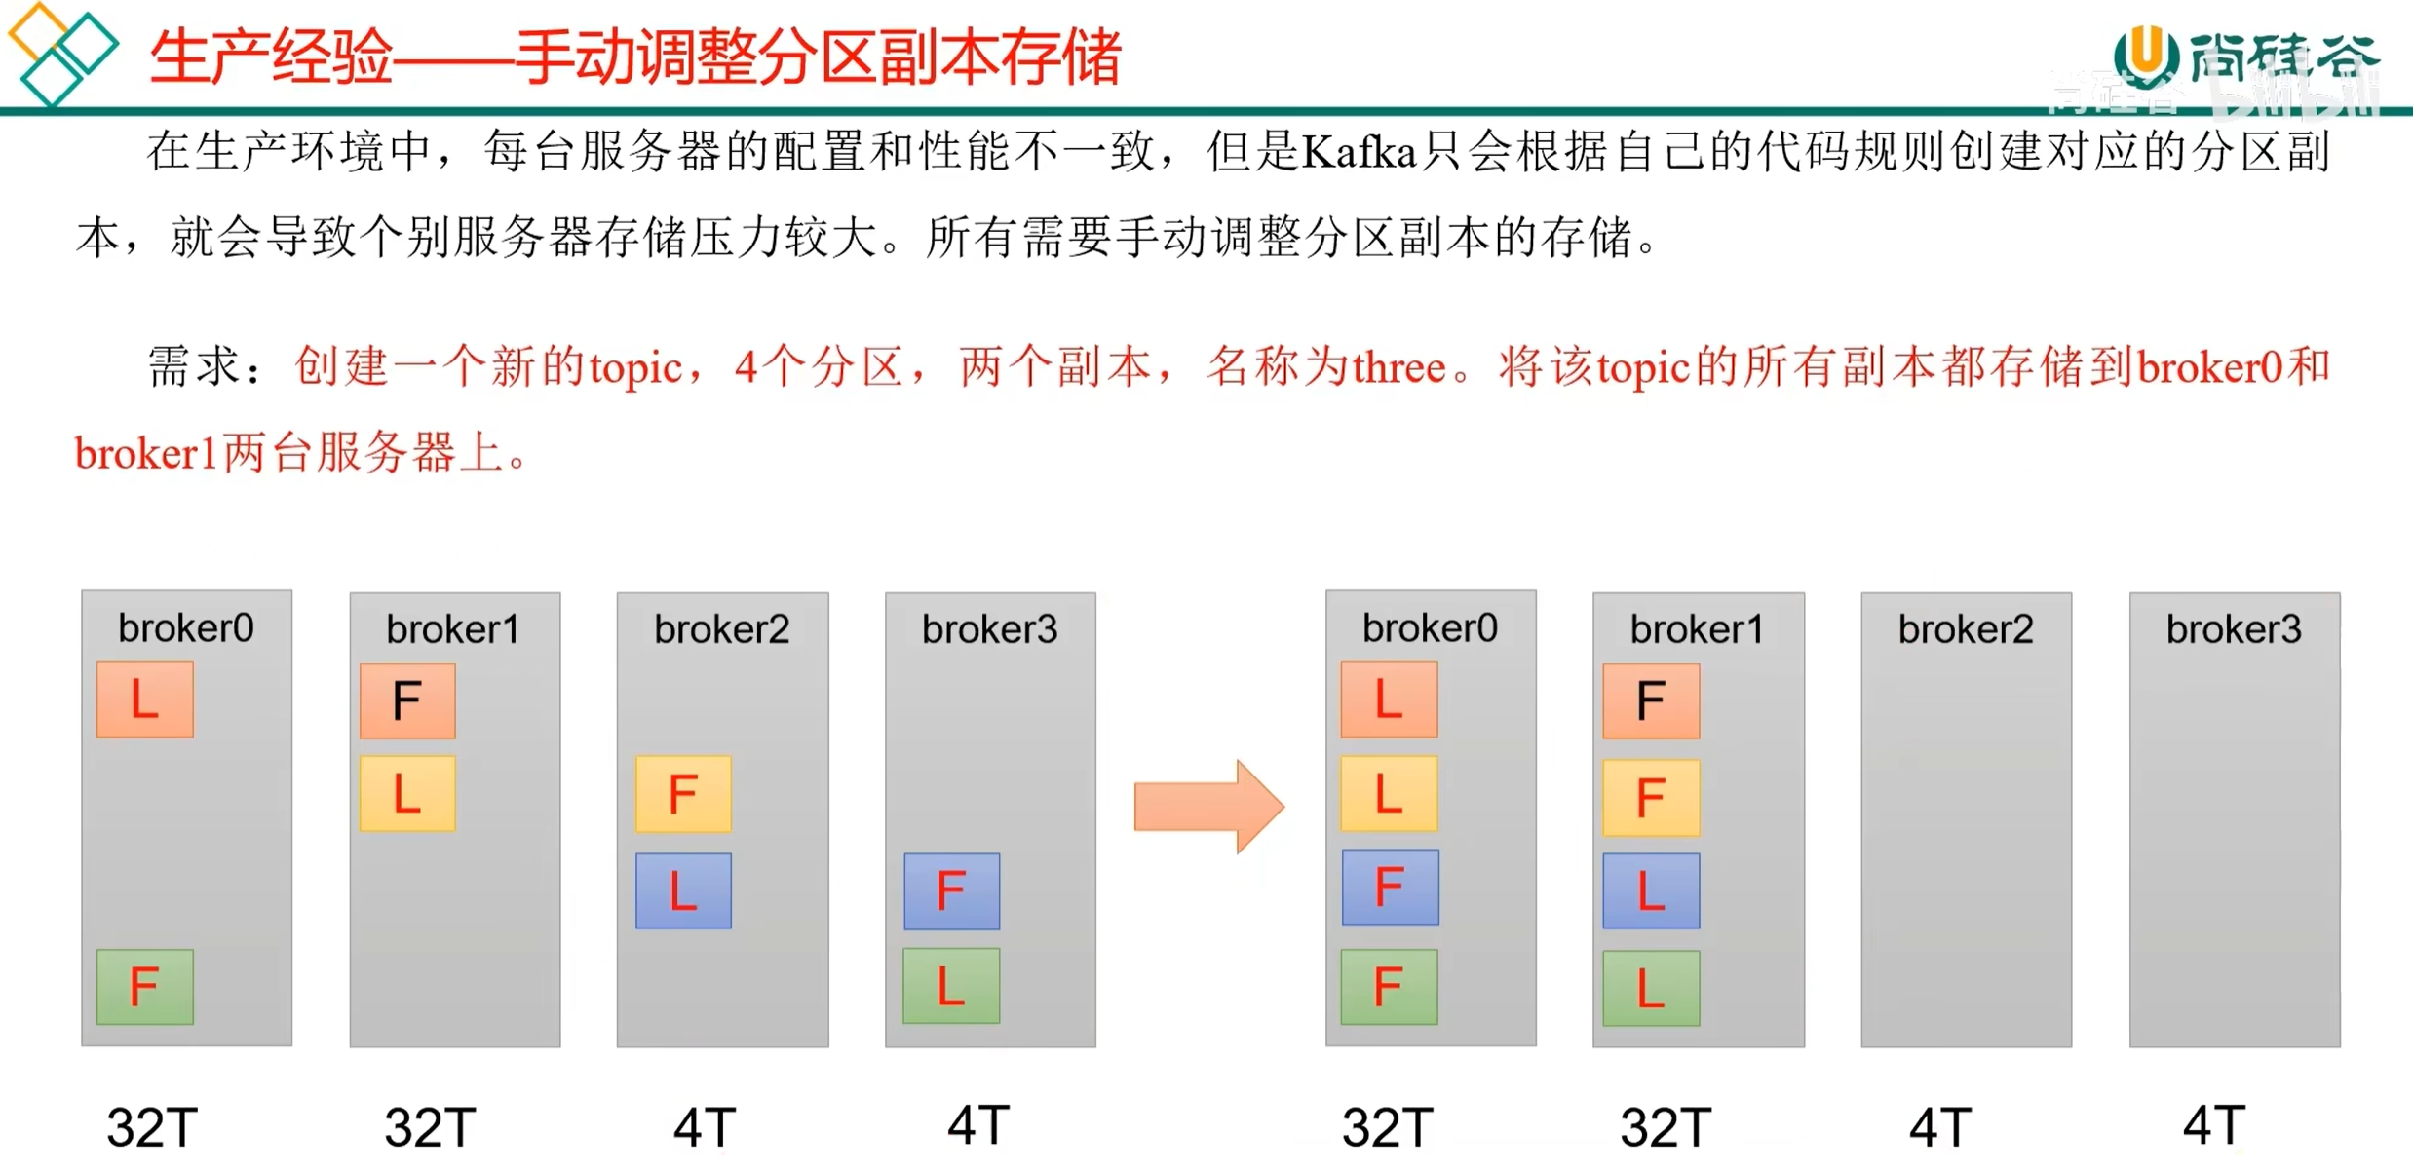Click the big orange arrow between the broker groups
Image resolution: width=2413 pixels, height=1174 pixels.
pyautogui.click(x=1208, y=807)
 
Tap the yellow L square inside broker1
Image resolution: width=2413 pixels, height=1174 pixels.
pyautogui.click(x=407, y=794)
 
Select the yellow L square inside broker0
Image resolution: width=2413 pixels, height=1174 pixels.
pyautogui.click(x=1389, y=794)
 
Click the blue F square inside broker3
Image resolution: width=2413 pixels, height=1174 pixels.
pyautogui.click(x=951, y=891)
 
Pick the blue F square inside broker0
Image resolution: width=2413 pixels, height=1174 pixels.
pyautogui.click(x=1389, y=888)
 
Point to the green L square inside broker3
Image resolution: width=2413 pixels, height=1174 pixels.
pyautogui.click(x=951, y=986)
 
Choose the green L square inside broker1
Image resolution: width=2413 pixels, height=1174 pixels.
pyautogui.click(x=1651, y=988)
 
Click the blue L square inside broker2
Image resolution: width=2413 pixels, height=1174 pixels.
pyautogui.click(x=683, y=891)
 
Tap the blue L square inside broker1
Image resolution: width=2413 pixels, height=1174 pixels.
pyautogui.click(x=1651, y=891)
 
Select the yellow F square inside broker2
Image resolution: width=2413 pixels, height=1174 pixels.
pyautogui.click(x=683, y=794)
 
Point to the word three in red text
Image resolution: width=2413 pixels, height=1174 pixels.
pyautogui.click(x=1398, y=368)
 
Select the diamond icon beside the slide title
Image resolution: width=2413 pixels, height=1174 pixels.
pyautogui.click(x=60, y=53)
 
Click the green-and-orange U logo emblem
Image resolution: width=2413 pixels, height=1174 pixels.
pyautogui.click(x=2145, y=56)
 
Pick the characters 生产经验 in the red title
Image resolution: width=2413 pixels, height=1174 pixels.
pyautogui.click(x=271, y=57)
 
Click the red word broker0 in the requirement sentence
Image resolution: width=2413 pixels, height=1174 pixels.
pyautogui.click(x=2209, y=368)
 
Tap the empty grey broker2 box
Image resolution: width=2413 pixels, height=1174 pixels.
pyautogui.click(x=1966, y=838)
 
